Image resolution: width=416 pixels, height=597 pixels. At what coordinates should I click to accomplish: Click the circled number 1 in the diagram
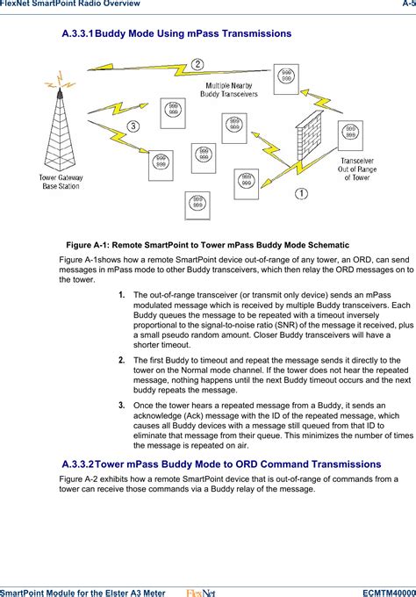[300, 192]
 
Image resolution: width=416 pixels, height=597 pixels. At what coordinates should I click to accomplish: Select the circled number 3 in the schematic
[133, 126]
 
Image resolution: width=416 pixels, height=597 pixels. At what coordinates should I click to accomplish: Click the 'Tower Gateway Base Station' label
[60, 182]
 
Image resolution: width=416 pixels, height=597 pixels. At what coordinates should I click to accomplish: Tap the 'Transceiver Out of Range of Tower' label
[356, 169]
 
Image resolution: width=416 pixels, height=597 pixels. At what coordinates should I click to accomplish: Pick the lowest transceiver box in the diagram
[198, 205]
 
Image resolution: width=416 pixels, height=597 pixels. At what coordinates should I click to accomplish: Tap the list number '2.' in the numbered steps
[123, 360]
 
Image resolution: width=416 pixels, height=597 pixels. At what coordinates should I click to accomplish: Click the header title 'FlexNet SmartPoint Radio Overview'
[70, 4]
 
